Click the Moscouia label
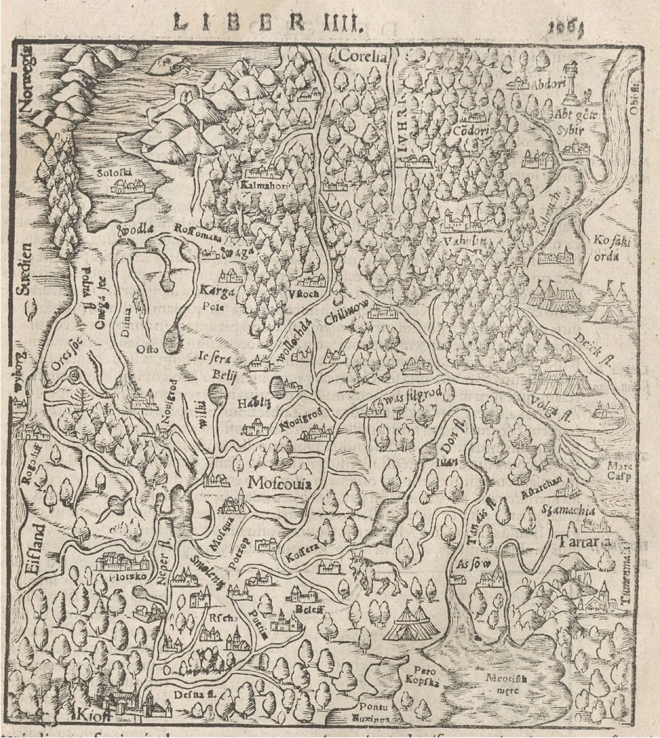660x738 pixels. coord(280,484)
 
